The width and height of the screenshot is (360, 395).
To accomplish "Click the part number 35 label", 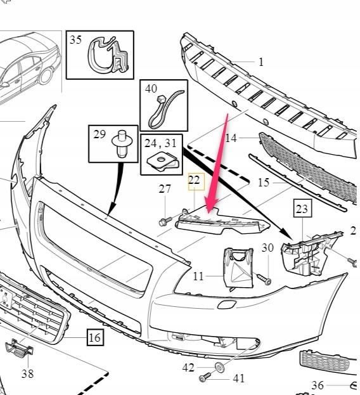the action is click(x=75, y=40).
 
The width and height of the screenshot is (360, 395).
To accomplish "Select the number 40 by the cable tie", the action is click(x=151, y=89).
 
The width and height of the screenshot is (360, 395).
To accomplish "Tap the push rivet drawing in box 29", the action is click(x=122, y=143).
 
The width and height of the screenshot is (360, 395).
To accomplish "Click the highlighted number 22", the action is click(x=194, y=180).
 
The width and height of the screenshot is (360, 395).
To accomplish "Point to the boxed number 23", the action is click(x=302, y=209).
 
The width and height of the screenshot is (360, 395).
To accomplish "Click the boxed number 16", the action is click(x=95, y=337).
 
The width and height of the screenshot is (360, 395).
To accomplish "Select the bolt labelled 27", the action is click(x=165, y=221).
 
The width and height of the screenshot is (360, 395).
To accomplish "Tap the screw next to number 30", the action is click(x=264, y=279).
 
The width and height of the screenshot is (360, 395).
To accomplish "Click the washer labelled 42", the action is click(x=220, y=366).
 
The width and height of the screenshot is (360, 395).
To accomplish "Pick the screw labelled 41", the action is click(x=205, y=377).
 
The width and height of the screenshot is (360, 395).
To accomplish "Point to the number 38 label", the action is click(x=27, y=373).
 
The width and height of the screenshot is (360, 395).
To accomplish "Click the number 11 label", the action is click(x=198, y=276).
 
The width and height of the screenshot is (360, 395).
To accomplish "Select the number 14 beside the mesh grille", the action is click(x=231, y=138).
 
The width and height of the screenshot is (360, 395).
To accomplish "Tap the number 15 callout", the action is click(x=264, y=183).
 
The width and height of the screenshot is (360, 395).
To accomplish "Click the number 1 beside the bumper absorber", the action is click(x=261, y=62).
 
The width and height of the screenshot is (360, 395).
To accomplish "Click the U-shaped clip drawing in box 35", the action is click(x=108, y=55).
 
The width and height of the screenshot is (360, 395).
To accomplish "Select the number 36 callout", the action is click(x=318, y=385).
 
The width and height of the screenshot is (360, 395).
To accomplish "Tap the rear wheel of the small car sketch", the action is click(x=46, y=75).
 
